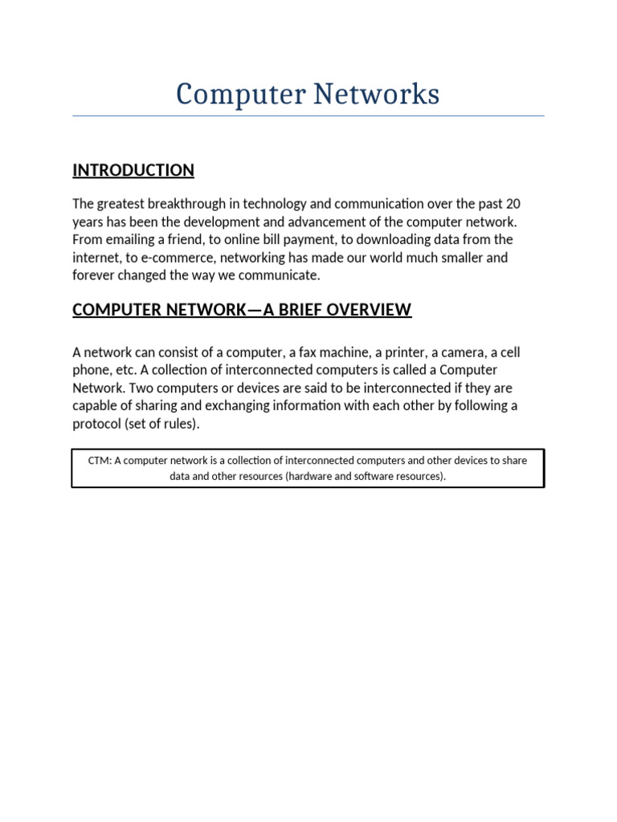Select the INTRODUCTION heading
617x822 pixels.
pyautogui.click(x=133, y=170)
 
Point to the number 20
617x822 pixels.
pyautogui.click(x=513, y=204)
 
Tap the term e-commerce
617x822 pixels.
pyautogui.click(x=173, y=258)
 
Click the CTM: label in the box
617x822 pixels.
pyautogui.click(x=100, y=461)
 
